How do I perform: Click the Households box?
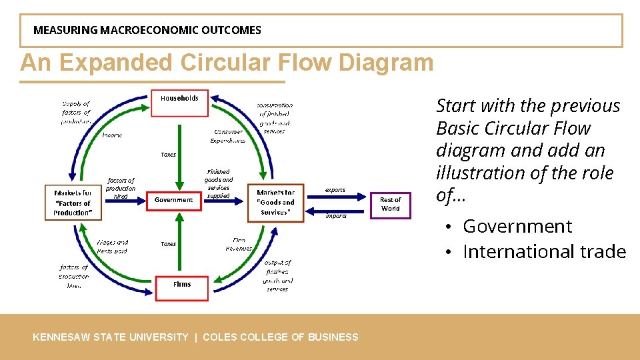click(x=179, y=103)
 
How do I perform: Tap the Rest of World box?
click(x=391, y=204)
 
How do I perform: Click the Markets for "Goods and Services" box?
click(x=275, y=202)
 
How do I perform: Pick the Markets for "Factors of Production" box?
click(x=73, y=203)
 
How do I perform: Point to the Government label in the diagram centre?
click(x=173, y=200)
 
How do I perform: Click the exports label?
click(x=335, y=190)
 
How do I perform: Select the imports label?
click(x=335, y=216)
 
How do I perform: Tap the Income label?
click(x=112, y=135)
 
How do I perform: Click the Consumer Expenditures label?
click(x=228, y=136)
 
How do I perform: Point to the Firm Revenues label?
click(x=238, y=244)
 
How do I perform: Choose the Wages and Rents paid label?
click(x=112, y=247)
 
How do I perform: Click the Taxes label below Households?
click(x=169, y=155)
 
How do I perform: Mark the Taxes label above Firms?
click(x=169, y=244)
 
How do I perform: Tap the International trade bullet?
click(x=544, y=251)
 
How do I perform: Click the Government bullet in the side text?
click(x=517, y=227)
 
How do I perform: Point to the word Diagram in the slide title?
click(x=386, y=63)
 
